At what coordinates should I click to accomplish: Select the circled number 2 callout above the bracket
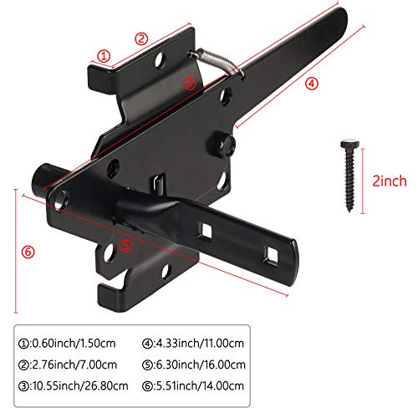[x=141, y=38]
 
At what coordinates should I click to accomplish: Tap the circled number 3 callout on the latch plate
[x=190, y=83]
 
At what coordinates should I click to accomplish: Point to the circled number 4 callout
[x=311, y=83]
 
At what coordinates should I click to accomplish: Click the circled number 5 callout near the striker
[x=125, y=246]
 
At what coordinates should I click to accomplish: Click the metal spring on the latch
[x=217, y=64]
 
